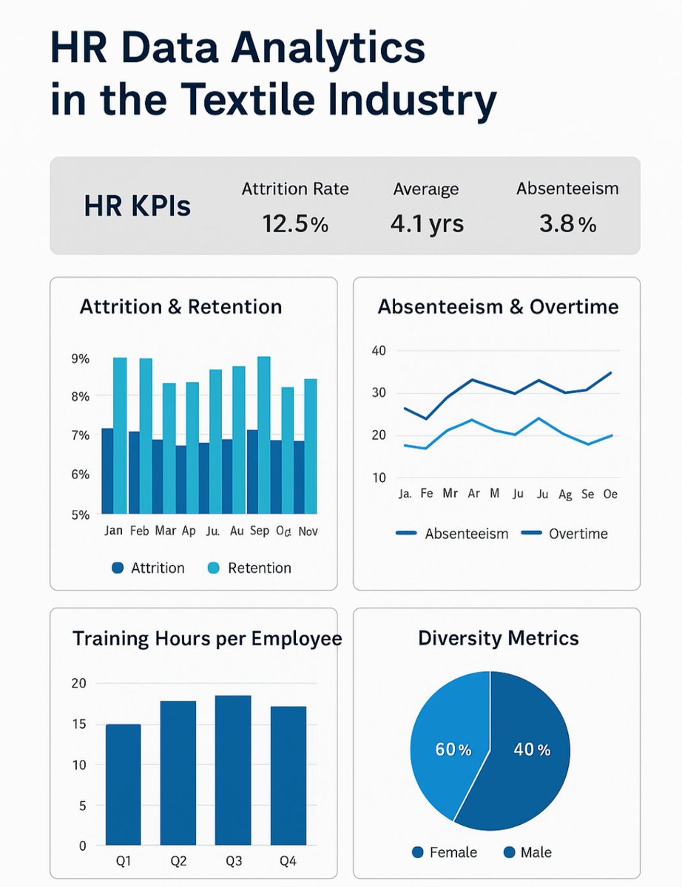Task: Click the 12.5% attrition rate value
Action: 295,222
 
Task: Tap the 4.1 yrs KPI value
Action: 427,222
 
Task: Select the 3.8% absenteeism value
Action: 567,222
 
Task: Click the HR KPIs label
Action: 138,205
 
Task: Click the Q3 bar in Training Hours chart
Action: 233,769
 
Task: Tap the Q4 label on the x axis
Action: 288,860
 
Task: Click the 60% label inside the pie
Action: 453,750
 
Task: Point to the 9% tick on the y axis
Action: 80,359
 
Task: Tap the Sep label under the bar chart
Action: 260,531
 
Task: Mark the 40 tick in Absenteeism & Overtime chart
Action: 379,350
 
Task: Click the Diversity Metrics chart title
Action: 498,638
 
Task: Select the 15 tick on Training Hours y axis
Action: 78,724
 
